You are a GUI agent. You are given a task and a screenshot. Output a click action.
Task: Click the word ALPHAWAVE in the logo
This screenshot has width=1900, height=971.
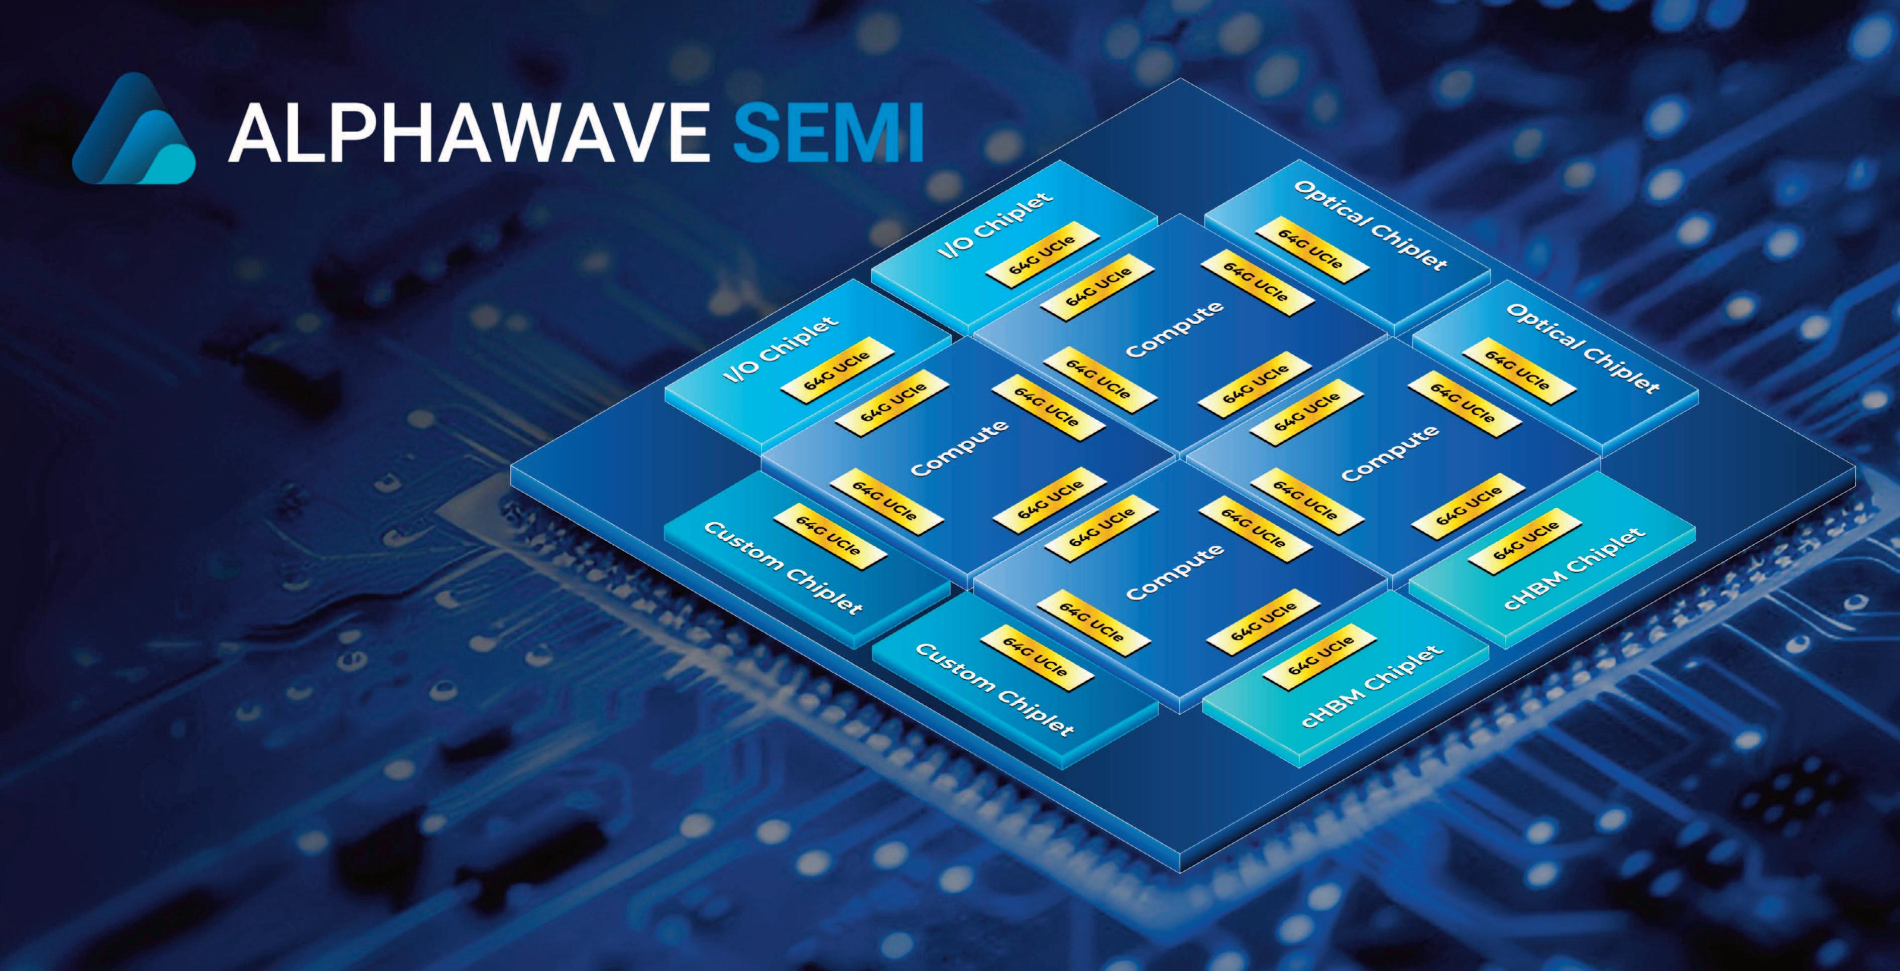pos(469,133)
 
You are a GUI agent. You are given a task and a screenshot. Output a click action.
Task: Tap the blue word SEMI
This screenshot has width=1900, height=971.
pos(828,133)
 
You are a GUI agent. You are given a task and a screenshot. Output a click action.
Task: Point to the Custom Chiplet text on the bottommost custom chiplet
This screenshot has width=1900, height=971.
pos(994,689)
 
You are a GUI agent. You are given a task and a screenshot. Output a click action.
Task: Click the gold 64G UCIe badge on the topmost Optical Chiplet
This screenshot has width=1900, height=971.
pos(1311,250)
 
